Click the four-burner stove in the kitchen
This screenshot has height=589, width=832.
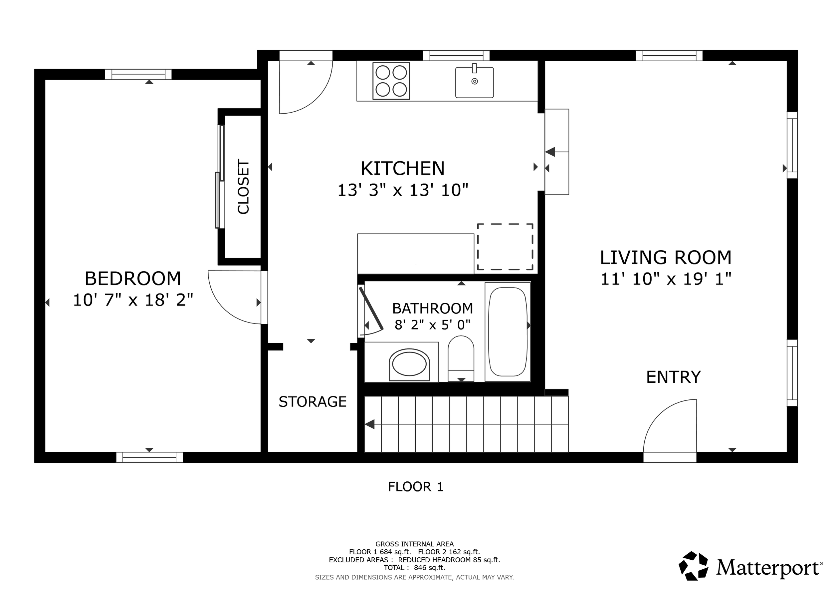coord(391,81)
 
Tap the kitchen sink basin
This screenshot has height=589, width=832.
coord(474,82)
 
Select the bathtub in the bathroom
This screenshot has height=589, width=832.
coord(507,332)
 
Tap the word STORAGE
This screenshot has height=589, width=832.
coord(312,402)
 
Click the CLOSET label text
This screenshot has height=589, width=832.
coord(244,187)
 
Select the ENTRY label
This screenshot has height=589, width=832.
coord(673,377)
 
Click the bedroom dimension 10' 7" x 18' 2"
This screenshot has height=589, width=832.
coord(133,300)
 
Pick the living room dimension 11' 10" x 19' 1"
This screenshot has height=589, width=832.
coord(666,279)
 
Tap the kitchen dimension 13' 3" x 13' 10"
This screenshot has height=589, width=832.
coord(403,190)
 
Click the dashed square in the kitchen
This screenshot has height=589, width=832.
coord(505,247)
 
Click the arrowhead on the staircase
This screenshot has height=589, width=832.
coord(370,424)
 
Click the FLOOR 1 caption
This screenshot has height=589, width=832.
coord(416,487)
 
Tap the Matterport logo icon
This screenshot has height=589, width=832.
coord(693,566)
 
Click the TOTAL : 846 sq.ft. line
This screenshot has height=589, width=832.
coord(414,568)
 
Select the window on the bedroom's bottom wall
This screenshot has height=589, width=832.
coord(149,457)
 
